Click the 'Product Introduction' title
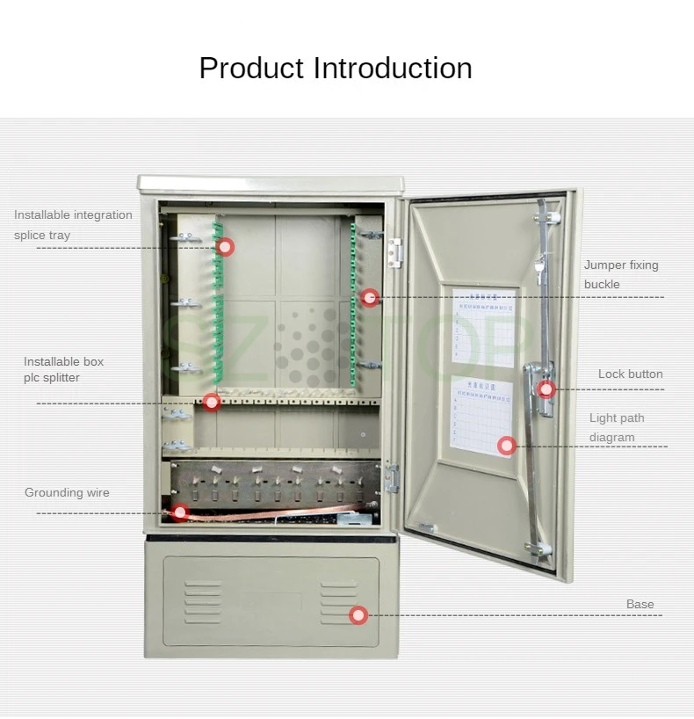(336, 69)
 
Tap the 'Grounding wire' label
(67, 493)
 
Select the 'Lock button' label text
(630, 374)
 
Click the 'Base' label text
(640, 605)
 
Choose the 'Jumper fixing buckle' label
(620, 274)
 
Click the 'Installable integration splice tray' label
(73, 225)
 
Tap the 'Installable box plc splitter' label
(63, 369)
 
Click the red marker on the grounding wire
(179, 512)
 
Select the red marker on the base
(358, 615)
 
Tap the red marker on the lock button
(546, 389)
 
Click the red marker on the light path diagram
(506, 446)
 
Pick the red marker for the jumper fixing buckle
(370, 298)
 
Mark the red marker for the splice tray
(226, 247)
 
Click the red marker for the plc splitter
(212, 402)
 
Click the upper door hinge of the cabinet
(395, 253)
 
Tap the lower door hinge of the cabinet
(392, 478)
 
